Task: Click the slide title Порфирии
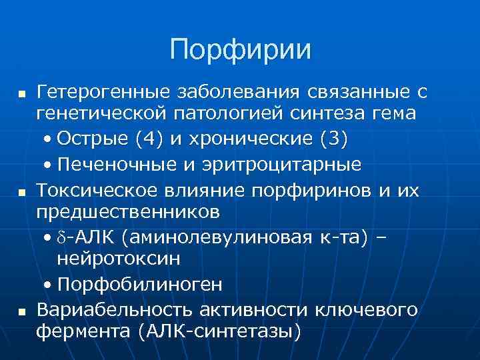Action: pyautogui.click(x=240, y=50)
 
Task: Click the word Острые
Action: pyautogui.click(x=93, y=139)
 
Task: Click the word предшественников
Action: pyautogui.click(x=127, y=213)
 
